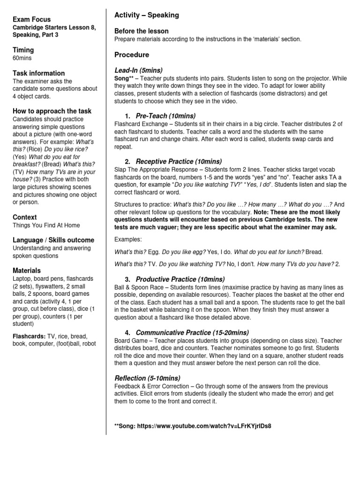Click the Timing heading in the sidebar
[23, 50]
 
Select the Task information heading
[39, 73]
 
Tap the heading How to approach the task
[52, 111]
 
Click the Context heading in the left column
[25, 217]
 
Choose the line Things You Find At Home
[47, 225]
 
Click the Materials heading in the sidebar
[27, 270]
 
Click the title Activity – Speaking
[147, 15]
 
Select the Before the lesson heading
[142, 31]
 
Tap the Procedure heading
[132, 55]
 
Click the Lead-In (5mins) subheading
[138, 69]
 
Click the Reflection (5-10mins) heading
[147, 378]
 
